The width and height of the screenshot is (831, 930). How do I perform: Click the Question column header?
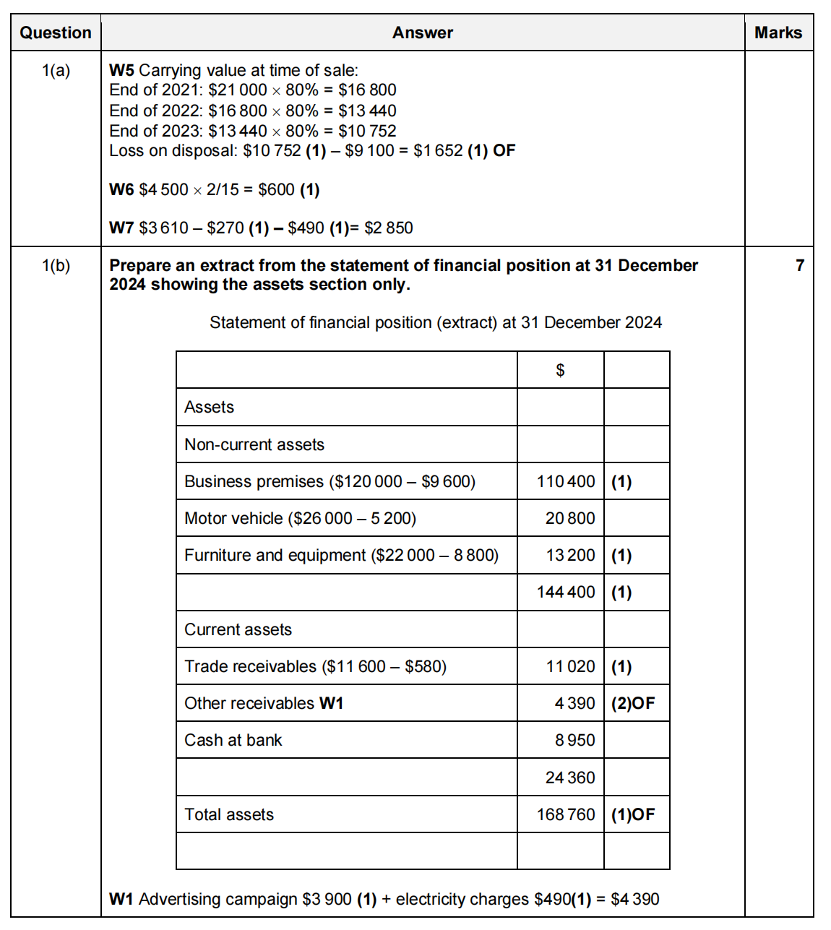tap(56, 33)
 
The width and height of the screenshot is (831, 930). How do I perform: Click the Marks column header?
tap(778, 33)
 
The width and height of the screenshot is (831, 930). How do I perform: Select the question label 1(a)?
tap(56, 70)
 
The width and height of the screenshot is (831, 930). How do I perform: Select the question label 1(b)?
tap(56, 265)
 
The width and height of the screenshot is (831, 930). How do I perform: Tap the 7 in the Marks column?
tap(800, 265)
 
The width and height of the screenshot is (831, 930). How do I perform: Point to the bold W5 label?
tap(121, 70)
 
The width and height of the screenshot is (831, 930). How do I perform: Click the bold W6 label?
tap(121, 189)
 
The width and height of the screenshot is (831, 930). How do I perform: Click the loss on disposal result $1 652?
tap(438, 150)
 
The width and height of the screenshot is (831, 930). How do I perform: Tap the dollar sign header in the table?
tap(560, 370)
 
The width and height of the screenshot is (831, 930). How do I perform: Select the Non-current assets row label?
tap(254, 444)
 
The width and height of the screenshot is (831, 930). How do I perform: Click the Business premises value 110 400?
tap(566, 481)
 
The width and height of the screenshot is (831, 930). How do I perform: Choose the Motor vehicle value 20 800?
tap(570, 518)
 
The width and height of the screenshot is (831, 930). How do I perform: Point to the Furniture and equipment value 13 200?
tap(570, 555)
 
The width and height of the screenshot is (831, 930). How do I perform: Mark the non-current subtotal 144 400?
tap(566, 592)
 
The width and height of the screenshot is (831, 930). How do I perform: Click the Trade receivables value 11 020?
tap(570, 666)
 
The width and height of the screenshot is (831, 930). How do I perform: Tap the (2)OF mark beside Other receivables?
tap(633, 703)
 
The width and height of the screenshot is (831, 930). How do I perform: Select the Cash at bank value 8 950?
tap(574, 740)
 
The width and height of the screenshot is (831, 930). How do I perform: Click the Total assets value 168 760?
tap(566, 814)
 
